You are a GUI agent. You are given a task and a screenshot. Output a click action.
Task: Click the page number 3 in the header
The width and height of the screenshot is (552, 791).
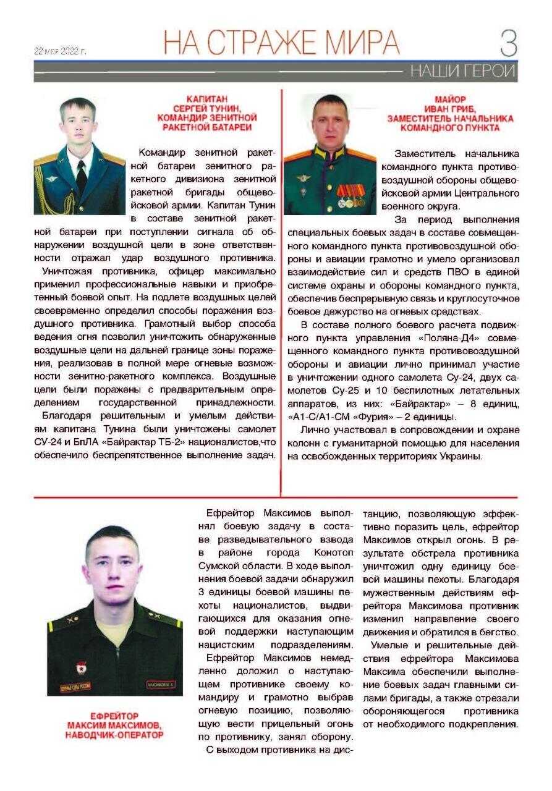(508, 44)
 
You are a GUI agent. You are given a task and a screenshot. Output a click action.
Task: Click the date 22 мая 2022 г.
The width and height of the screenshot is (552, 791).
(61, 51)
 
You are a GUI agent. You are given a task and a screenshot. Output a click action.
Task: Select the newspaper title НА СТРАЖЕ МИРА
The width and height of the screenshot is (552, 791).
(281, 43)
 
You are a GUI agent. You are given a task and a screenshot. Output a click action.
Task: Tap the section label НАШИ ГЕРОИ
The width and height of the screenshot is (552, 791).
(462, 72)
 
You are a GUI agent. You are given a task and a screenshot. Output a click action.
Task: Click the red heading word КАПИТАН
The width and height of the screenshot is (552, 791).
(207, 98)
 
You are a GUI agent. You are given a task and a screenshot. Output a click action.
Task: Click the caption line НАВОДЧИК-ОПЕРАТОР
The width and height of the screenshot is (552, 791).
(114, 735)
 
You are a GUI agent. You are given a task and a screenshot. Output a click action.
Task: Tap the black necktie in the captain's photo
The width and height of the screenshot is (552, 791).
(81, 176)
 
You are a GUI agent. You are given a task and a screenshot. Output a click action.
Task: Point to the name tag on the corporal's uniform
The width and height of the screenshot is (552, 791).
(161, 685)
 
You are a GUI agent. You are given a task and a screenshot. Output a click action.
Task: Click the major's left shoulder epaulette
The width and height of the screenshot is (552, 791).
(363, 154)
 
